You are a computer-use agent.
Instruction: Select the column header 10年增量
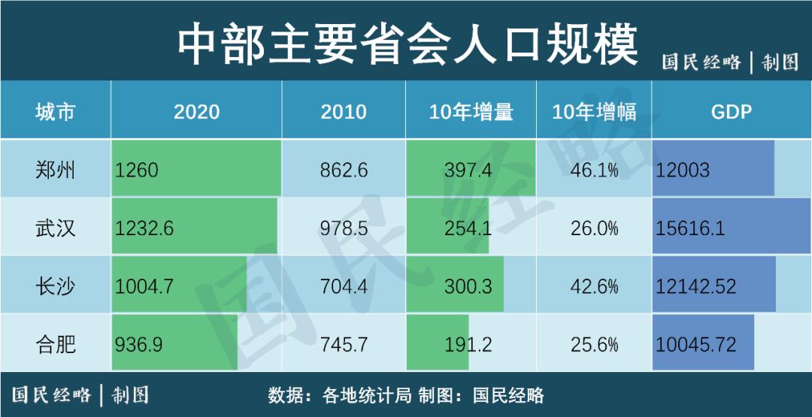point(471,112)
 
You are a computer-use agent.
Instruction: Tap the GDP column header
point(731,112)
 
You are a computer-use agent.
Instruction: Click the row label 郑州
point(56,170)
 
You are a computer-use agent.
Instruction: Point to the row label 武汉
point(56,228)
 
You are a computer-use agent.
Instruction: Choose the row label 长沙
point(56,286)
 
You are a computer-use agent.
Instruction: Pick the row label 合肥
point(56,345)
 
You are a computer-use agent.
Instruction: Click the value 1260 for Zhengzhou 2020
point(137,170)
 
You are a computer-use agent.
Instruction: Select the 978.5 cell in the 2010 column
point(344,228)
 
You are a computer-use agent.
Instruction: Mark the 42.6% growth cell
point(594,286)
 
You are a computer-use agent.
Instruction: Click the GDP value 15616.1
point(690,228)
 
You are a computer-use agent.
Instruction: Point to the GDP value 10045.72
point(695,345)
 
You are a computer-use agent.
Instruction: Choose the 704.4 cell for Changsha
point(344,286)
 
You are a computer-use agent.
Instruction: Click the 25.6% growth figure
point(594,345)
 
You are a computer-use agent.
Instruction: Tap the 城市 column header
point(56,112)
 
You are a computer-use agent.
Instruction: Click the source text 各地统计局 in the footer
point(366,395)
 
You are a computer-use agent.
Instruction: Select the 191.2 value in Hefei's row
point(468,345)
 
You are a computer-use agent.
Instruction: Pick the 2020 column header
point(196,112)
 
